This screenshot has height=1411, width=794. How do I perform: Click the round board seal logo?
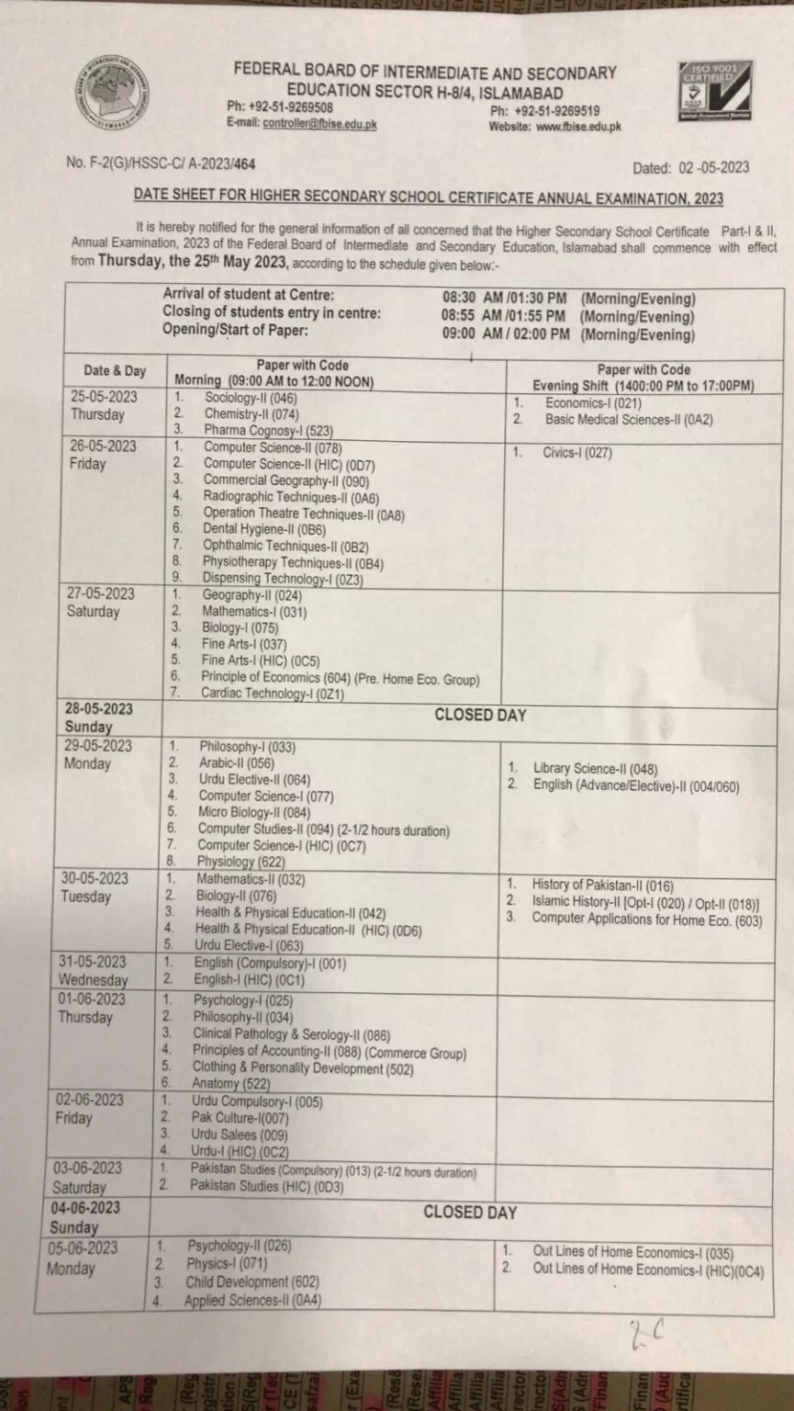(112, 92)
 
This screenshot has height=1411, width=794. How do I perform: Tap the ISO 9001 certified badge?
(714, 91)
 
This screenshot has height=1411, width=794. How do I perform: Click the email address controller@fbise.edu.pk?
(319, 124)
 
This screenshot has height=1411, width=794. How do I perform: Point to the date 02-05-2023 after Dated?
(714, 167)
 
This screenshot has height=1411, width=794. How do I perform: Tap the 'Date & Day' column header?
(115, 371)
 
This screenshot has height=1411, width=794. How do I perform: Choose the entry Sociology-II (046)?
(251, 398)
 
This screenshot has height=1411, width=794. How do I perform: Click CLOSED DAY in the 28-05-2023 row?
(480, 715)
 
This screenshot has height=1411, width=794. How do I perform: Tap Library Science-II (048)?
(595, 768)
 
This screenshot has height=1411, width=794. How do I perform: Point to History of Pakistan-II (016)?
(602, 886)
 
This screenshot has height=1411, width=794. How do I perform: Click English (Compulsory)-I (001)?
(270, 963)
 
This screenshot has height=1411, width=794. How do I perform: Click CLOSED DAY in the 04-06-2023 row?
(470, 1213)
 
